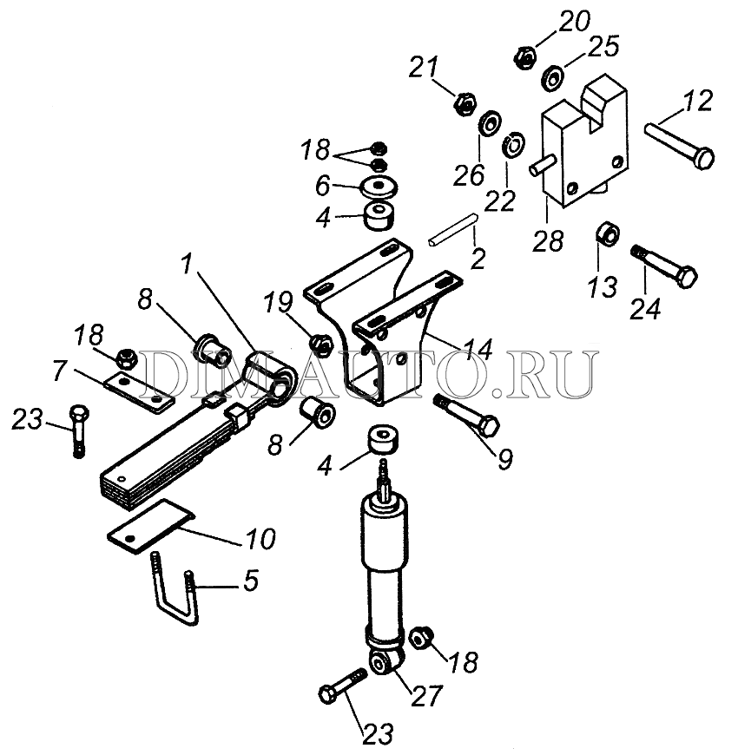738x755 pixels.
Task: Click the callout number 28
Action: [x=548, y=241]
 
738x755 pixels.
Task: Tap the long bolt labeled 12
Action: [x=679, y=146]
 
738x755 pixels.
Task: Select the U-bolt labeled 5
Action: [x=175, y=588]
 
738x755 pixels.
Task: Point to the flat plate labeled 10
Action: [x=151, y=526]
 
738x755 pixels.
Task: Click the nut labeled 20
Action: [x=525, y=56]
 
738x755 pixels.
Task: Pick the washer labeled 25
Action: [x=553, y=77]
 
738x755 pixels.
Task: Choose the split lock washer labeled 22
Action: [x=513, y=142]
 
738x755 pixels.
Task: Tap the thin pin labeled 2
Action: [x=452, y=230]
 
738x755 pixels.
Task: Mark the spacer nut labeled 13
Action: [x=608, y=233]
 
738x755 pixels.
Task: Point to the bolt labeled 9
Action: [x=467, y=415]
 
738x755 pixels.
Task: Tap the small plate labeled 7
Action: [x=139, y=391]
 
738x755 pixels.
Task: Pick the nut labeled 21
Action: [x=466, y=103]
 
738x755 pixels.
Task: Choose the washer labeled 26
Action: [x=490, y=124]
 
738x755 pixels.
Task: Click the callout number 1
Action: [x=187, y=266]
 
